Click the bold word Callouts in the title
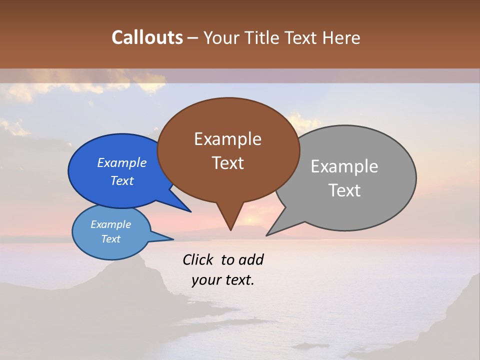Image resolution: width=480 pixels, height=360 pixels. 147,37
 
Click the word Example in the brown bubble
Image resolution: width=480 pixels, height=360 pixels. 227,139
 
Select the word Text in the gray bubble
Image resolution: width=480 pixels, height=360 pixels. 345,190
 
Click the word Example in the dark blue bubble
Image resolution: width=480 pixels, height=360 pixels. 121,162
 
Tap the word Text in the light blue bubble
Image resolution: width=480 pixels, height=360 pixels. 111,239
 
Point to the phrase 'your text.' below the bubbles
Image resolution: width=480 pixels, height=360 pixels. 223,280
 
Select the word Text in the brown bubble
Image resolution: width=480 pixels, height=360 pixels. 228,163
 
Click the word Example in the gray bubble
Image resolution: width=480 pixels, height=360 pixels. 344,166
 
